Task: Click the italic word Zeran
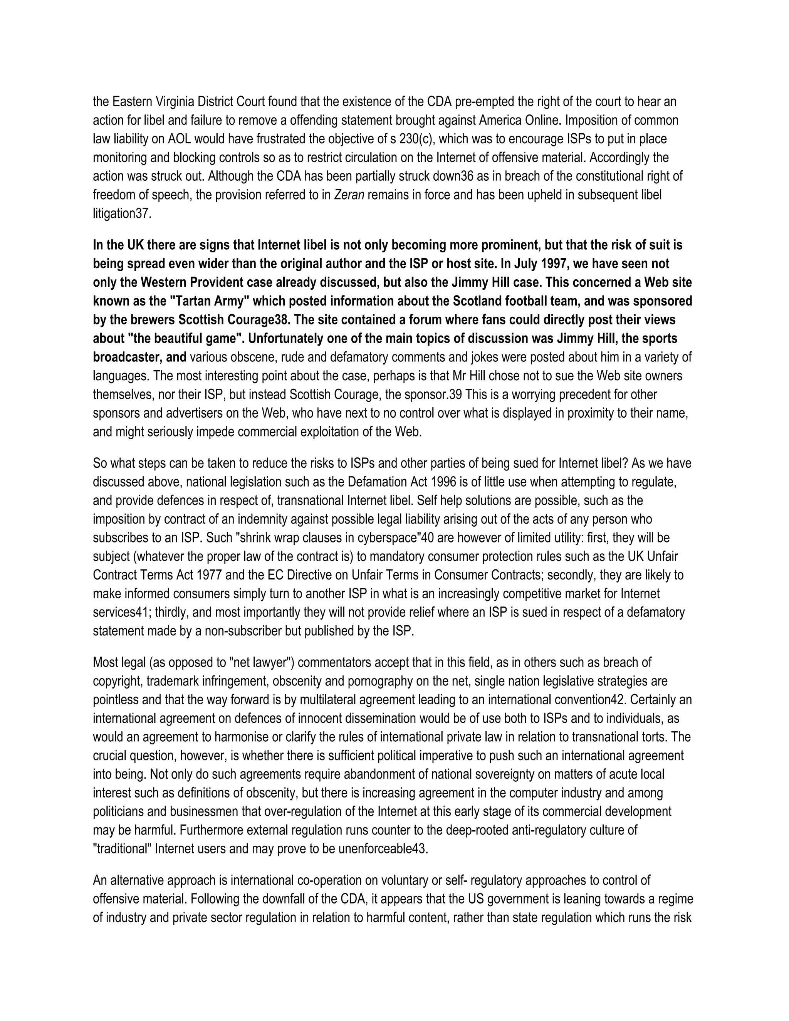tap(349, 195)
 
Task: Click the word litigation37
tap(122, 214)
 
